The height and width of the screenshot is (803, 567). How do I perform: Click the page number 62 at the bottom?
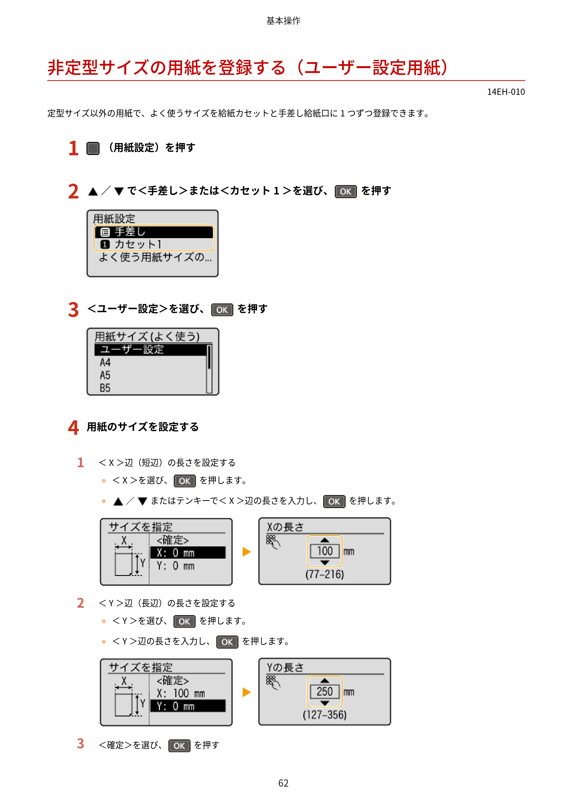[x=283, y=783]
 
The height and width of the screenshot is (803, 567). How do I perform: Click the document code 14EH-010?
[x=506, y=92]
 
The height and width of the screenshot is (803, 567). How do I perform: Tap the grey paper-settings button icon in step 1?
[x=93, y=148]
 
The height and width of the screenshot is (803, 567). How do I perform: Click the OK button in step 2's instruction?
[x=346, y=191]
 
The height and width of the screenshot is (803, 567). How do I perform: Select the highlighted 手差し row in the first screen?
[x=154, y=232]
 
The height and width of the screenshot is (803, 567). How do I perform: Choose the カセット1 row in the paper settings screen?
[x=154, y=244]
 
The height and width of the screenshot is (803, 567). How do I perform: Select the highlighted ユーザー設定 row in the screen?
[x=151, y=350]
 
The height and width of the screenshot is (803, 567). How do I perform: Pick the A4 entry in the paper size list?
[x=105, y=362]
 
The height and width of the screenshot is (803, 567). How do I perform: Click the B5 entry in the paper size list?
[x=105, y=388]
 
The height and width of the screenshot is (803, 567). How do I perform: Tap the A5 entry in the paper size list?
[x=105, y=375]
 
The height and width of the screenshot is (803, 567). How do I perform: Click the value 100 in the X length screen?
[x=325, y=551]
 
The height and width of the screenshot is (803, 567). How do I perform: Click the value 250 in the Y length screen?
[x=325, y=691]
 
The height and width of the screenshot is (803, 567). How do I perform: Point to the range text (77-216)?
[x=325, y=574]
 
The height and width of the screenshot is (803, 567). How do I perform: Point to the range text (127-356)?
[x=325, y=714]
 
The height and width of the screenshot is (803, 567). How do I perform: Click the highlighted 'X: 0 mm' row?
[x=188, y=553]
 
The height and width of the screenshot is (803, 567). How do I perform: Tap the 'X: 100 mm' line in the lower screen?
[x=181, y=693]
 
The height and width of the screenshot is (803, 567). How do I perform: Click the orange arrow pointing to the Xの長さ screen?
[x=247, y=552]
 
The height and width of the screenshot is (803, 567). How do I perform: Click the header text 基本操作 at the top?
[x=283, y=21]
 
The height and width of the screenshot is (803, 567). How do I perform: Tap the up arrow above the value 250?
[x=325, y=681]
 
